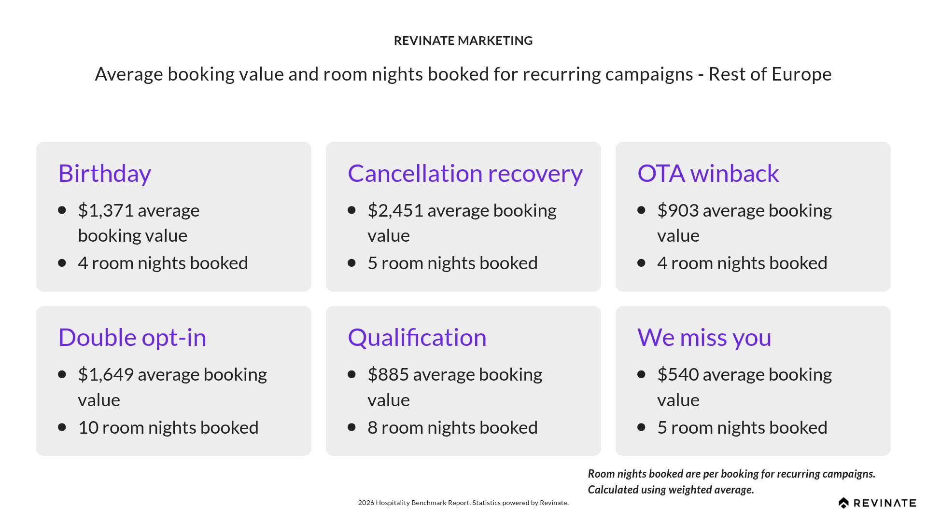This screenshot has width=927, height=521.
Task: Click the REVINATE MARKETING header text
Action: [463, 41]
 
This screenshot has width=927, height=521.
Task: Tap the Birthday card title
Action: [105, 174]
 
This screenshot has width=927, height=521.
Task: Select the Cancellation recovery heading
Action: [465, 174]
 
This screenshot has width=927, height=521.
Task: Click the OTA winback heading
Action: [708, 174]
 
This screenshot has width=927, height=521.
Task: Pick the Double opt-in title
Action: [132, 338]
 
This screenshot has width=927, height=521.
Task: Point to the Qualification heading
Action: [417, 338]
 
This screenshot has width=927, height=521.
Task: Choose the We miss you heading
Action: [704, 338]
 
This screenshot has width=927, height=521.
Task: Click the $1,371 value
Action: [105, 211]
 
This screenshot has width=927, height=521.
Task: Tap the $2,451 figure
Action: [395, 211]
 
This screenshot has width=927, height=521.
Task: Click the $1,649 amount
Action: [105, 375]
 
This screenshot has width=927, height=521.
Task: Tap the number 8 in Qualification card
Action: [372, 428]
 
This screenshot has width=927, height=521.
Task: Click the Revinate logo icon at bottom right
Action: [843, 503]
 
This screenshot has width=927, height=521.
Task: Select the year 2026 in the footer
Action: [365, 503]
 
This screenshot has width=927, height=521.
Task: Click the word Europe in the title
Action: [801, 74]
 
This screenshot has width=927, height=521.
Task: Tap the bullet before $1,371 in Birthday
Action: [62, 210]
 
